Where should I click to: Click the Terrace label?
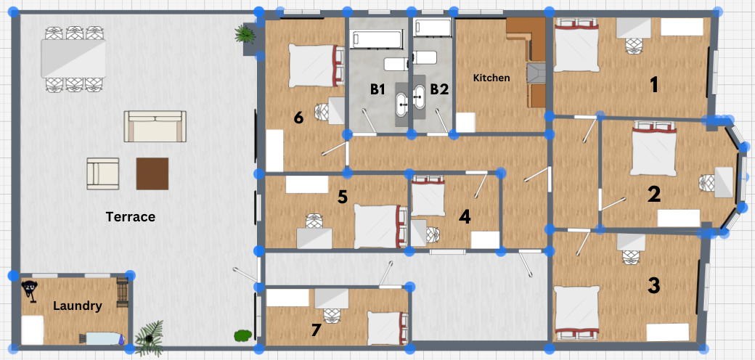(x=131, y=217)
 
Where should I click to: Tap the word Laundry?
(x=78, y=306)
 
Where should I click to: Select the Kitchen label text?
(x=491, y=78)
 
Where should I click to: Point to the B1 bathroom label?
(x=377, y=89)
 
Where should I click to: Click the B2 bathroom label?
(x=439, y=89)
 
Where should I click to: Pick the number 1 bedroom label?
(x=653, y=85)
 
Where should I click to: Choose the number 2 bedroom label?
(x=654, y=195)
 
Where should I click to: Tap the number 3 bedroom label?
(x=653, y=285)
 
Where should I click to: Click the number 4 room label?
(x=464, y=217)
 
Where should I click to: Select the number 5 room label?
(x=343, y=197)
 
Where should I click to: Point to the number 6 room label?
(x=298, y=118)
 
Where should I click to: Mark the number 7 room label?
(x=316, y=330)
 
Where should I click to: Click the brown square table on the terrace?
(x=152, y=173)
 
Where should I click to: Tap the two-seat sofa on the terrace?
(x=155, y=126)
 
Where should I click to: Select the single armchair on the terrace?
(x=102, y=173)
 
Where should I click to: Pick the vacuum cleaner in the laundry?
(x=29, y=291)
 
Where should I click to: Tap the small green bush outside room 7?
(x=242, y=335)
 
